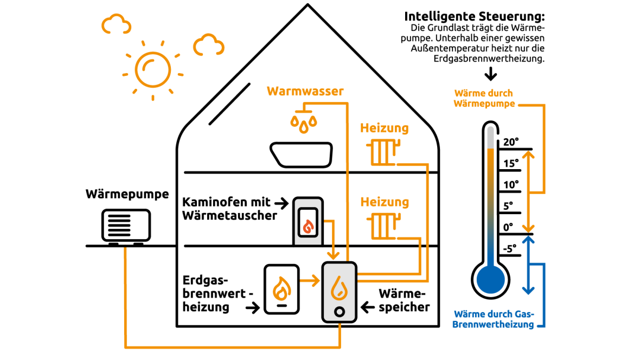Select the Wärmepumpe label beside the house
127,194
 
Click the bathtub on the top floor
302,154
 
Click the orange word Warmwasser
305,91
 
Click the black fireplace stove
308,221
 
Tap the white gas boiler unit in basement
281,290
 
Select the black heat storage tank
339,291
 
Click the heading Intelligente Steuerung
475,16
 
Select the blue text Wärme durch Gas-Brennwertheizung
494,319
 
